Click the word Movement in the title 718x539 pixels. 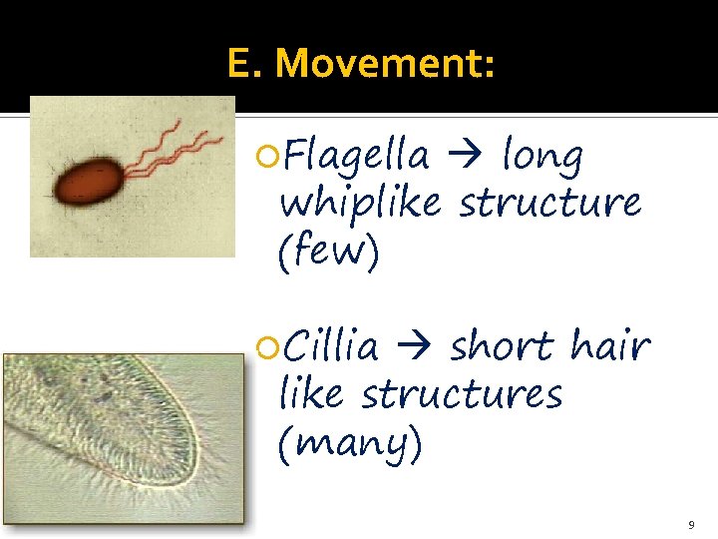[384, 64]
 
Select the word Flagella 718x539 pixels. [357, 157]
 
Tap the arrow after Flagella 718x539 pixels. [466, 157]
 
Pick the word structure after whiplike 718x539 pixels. [549, 203]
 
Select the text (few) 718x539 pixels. [329, 252]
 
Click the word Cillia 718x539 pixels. [331, 347]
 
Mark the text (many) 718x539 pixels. [350, 442]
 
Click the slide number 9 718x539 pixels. [690, 524]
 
